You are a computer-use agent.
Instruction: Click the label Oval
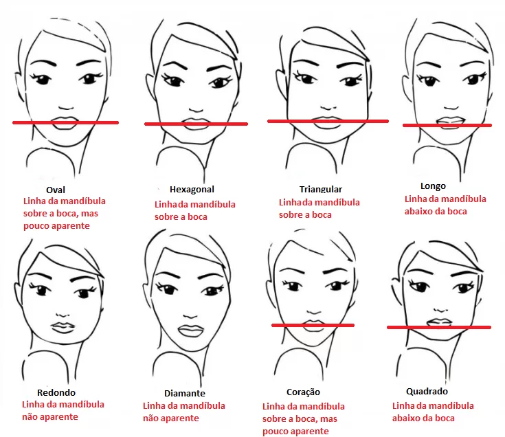(x=56, y=190)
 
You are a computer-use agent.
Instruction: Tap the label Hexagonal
(x=192, y=190)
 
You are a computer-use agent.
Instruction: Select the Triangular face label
(x=321, y=189)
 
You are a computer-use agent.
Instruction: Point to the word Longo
(x=433, y=186)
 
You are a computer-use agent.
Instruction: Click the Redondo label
(x=56, y=392)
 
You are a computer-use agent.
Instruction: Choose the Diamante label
(x=185, y=393)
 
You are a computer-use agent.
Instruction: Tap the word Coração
(x=304, y=392)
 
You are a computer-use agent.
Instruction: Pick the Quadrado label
(x=427, y=391)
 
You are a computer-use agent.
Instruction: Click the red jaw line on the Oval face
(x=66, y=122)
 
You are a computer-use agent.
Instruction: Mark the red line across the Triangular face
(x=328, y=121)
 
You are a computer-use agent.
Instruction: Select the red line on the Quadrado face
(x=439, y=327)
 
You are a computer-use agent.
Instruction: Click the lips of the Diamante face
(x=191, y=330)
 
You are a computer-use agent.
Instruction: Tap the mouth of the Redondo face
(x=63, y=327)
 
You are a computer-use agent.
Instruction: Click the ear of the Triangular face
(x=280, y=80)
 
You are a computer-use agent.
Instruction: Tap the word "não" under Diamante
(x=150, y=418)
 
